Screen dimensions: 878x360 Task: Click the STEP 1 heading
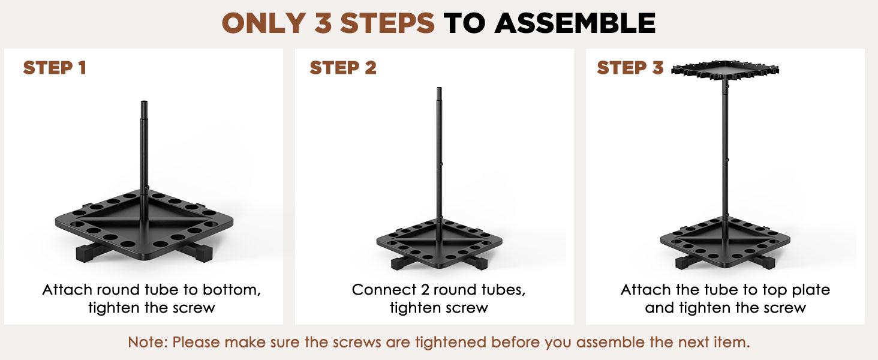pyautogui.click(x=55, y=67)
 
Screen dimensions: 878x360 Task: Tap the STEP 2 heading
pyautogui.click(x=343, y=67)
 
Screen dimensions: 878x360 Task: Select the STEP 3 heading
pyautogui.click(x=630, y=67)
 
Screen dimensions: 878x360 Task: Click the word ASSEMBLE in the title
pyautogui.click(x=575, y=23)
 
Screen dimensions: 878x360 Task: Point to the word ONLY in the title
pyautogui.click(x=264, y=23)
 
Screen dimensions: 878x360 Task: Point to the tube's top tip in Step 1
pyautogui.click(x=145, y=101)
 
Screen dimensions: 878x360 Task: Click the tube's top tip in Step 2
pyautogui.click(x=439, y=88)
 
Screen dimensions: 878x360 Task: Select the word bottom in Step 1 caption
pyautogui.click(x=231, y=290)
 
